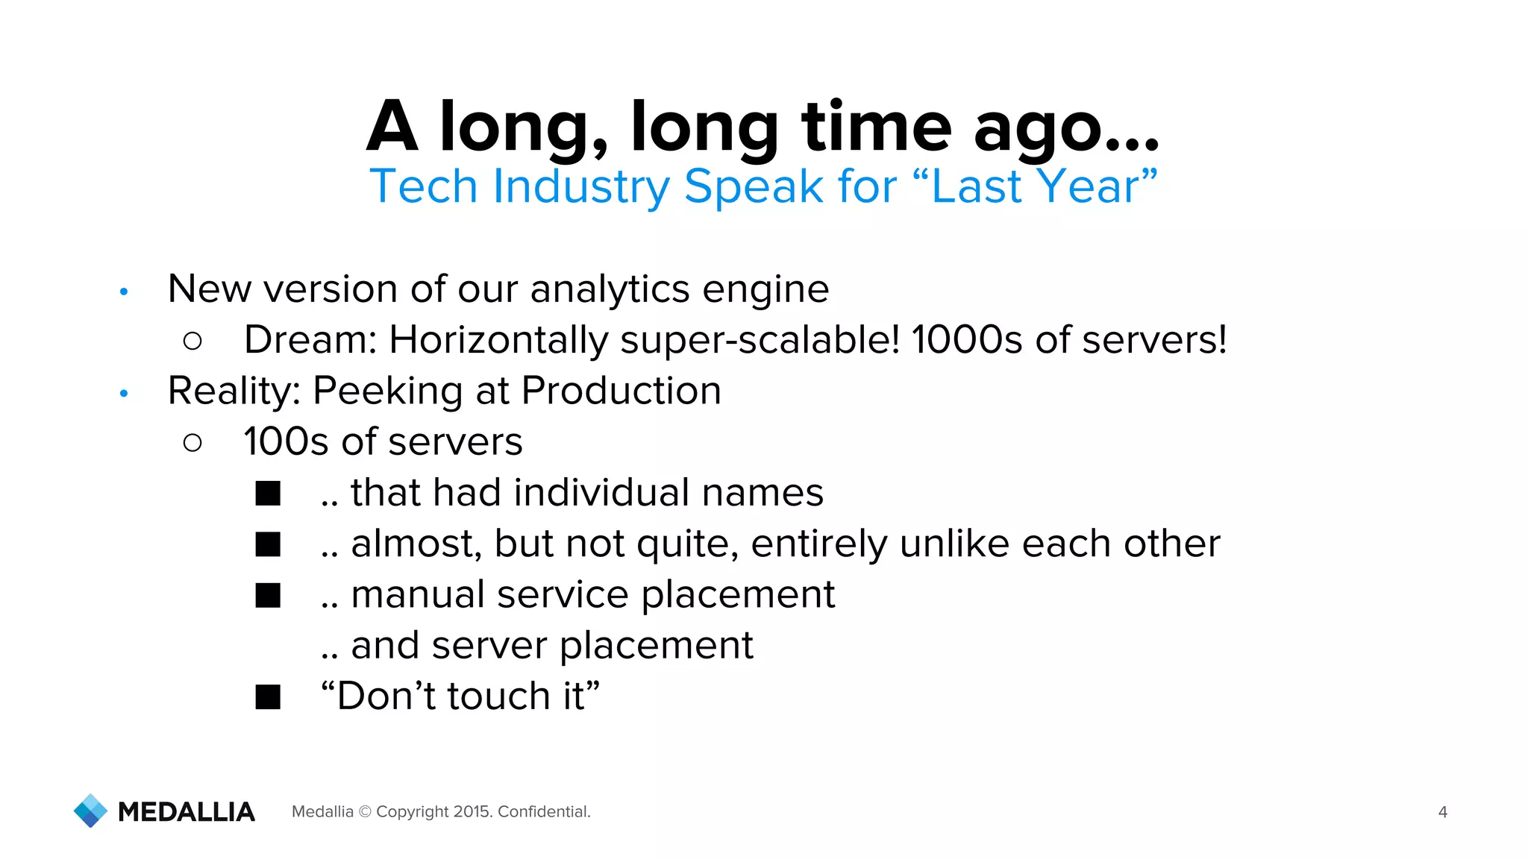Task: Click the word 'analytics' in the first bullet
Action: point(610,289)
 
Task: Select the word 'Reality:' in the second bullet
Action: point(233,391)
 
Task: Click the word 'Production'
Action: point(621,391)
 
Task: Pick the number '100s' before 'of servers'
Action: point(286,442)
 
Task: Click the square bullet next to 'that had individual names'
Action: point(268,494)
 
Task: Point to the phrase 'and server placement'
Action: point(551,646)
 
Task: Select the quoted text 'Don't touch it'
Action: point(460,696)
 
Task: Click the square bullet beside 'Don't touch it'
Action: point(268,697)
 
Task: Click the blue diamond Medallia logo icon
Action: point(91,811)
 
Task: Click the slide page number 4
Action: point(1442,812)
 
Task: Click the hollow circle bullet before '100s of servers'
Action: point(192,443)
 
